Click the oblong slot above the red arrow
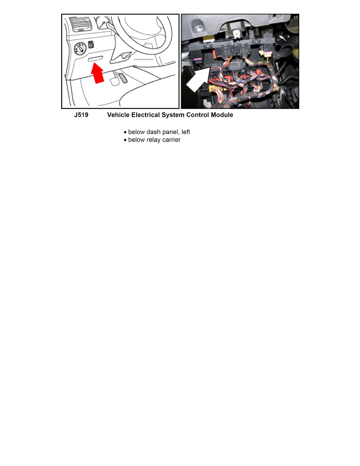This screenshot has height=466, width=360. pos(95,59)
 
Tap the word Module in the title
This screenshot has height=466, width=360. pos(222,115)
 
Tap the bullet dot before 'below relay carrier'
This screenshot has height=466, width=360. pos(125,140)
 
